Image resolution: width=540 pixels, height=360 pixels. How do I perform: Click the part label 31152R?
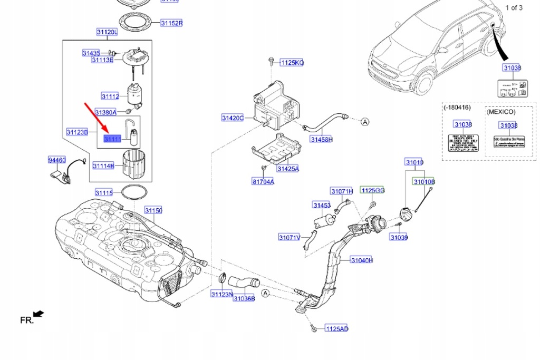[171, 23]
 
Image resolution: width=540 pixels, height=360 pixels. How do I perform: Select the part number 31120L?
[107, 33]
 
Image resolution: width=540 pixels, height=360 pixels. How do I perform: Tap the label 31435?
[91, 53]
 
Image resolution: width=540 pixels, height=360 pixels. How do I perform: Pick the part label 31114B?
[103, 166]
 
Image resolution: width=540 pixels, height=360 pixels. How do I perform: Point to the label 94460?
[56, 160]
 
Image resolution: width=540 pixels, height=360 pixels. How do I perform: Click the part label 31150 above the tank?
[153, 211]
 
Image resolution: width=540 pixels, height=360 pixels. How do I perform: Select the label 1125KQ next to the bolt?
[292, 63]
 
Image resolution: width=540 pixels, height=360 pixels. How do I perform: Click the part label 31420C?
[233, 118]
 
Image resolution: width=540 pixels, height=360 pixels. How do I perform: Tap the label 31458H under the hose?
[321, 140]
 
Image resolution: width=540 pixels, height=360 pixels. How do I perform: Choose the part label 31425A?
[287, 169]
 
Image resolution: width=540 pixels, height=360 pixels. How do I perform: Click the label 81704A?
[263, 182]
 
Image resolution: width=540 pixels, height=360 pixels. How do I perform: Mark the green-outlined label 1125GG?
[372, 189]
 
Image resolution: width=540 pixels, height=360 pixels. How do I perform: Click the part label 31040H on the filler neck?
[362, 260]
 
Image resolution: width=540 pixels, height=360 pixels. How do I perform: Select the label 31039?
[399, 238]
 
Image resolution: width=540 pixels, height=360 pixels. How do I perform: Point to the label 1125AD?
[336, 329]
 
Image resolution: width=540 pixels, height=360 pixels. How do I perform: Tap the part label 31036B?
[244, 298]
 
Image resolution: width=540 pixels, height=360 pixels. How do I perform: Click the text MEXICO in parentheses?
[501, 112]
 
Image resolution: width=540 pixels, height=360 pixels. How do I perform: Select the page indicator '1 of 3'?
[514, 7]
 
